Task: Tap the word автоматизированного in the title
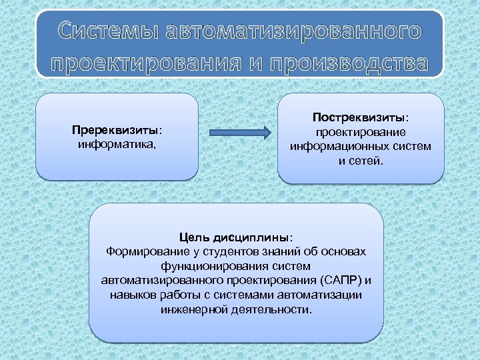tap(293, 31)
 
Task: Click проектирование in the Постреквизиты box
tap(361, 132)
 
